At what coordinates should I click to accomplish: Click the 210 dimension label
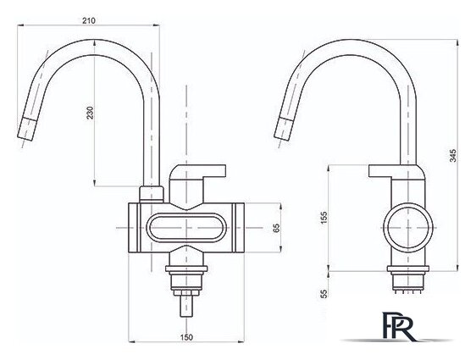pyautogui.click(x=89, y=20)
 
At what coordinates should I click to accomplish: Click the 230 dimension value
pyautogui.click(x=91, y=113)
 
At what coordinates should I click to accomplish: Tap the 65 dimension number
pyautogui.click(x=276, y=228)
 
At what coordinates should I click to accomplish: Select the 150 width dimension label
pyautogui.click(x=186, y=337)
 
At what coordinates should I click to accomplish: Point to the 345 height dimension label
pyautogui.click(x=452, y=155)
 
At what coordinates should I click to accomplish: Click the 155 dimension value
pyautogui.click(x=324, y=218)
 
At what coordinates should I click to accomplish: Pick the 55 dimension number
pyautogui.click(x=324, y=294)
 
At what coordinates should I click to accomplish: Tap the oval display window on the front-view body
pyautogui.click(x=186, y=228)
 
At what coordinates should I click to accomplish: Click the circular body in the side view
pyautogui.click(x=407, y=228)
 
